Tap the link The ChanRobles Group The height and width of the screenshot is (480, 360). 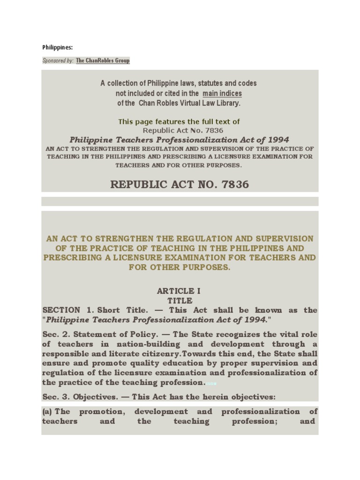(103, 60)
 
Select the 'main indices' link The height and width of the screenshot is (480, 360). (222, 93)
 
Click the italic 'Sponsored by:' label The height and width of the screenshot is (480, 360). (58, 60)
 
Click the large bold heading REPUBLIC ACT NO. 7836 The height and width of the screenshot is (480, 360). (180, 184)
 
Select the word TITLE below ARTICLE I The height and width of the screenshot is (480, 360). (180, 300)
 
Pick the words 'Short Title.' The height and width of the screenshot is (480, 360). (125, 310)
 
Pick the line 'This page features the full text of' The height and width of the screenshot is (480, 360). (179, 121)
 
